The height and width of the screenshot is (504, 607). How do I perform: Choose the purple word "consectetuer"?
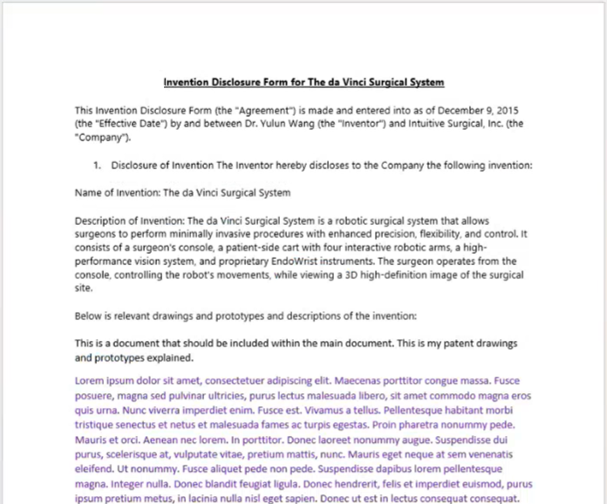pyautogui.click(x=245, y=381)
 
